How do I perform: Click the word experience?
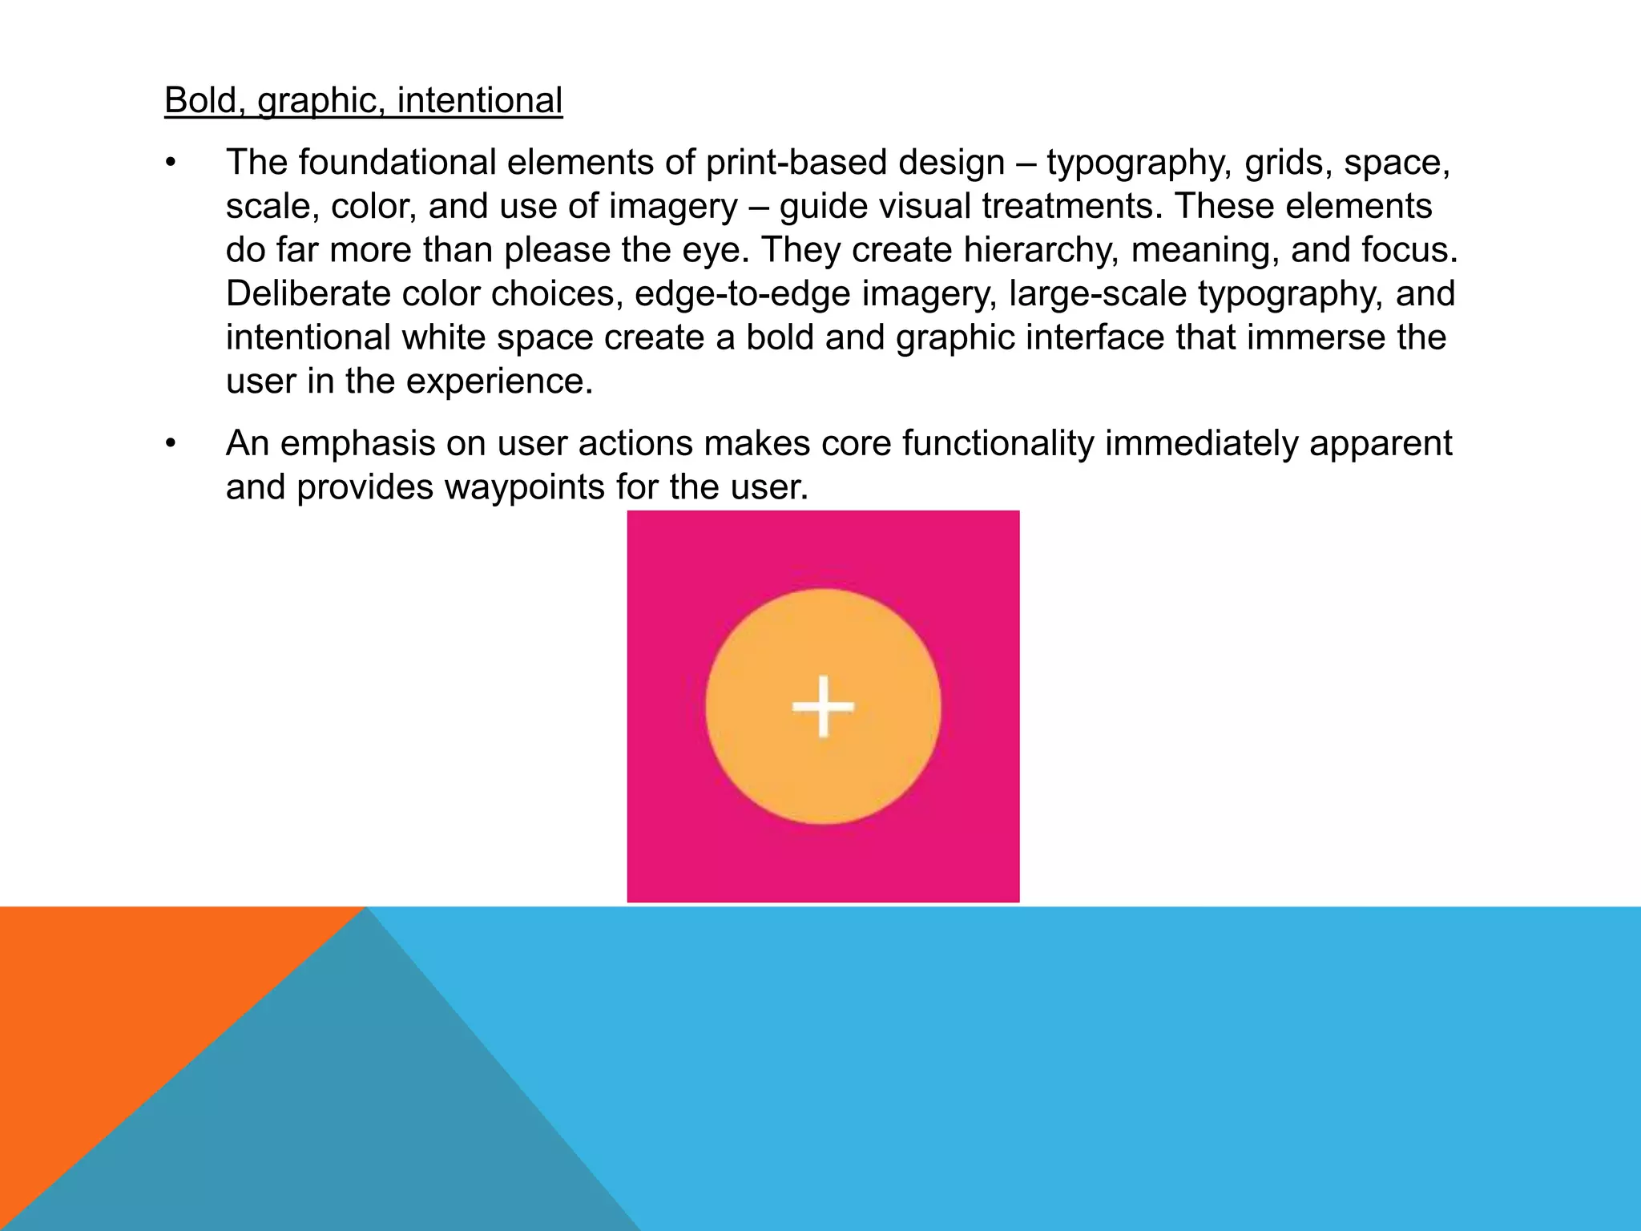pos(499,381)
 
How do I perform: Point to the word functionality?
pos(998,444)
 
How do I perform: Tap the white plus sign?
pos(823,706)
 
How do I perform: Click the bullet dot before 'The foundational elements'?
pos(170,163)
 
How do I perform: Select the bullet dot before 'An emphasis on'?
pos(170,444)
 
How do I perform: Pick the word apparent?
pos(1381,444)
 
